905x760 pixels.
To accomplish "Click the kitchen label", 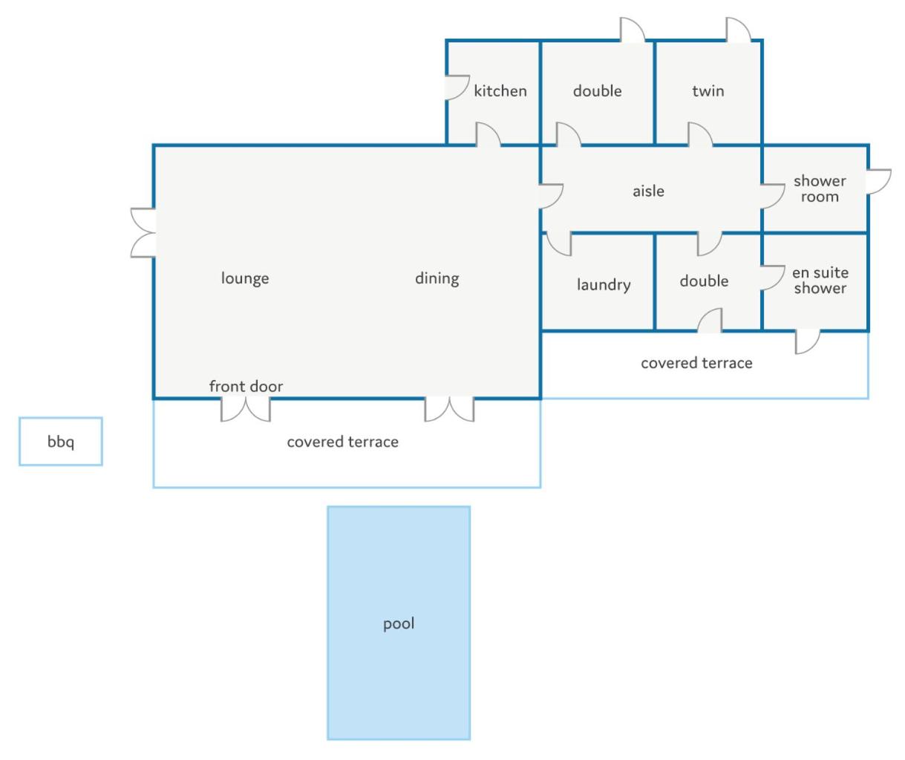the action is click(x=500, y=91).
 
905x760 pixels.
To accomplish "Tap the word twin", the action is click(x=708, y=91).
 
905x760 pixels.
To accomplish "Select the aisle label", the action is click(x=648, y=191).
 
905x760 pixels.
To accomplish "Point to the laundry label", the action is click(x=604, y=285).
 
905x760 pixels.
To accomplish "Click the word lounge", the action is click(x=245, y=278).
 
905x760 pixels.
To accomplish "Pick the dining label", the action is click(x=437, y=278).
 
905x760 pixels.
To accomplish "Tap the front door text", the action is click(x=246, y=386).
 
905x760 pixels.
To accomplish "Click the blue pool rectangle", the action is click(x=399, y=623).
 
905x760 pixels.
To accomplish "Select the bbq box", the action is click(x=61, y=441).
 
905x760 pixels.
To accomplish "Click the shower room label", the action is click(x=820, y=189).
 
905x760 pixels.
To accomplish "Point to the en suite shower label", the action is click(x=820, y=281).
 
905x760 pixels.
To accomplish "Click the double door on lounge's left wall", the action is click(x=143, y=233).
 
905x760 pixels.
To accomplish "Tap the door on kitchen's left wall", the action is click(x=458, y=88).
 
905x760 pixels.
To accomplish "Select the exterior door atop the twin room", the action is click(x=739, y=30).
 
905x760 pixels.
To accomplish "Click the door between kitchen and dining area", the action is click(x=488, y=135).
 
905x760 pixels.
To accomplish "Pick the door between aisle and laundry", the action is click(x=559, y=244).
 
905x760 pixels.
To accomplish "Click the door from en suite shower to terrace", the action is click(x=808, y=341).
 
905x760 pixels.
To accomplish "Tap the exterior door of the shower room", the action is click(x=878, y=182).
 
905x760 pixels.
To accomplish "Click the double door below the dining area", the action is click(x=449, y=409).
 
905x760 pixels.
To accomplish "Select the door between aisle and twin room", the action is click(x=700, y=135).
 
